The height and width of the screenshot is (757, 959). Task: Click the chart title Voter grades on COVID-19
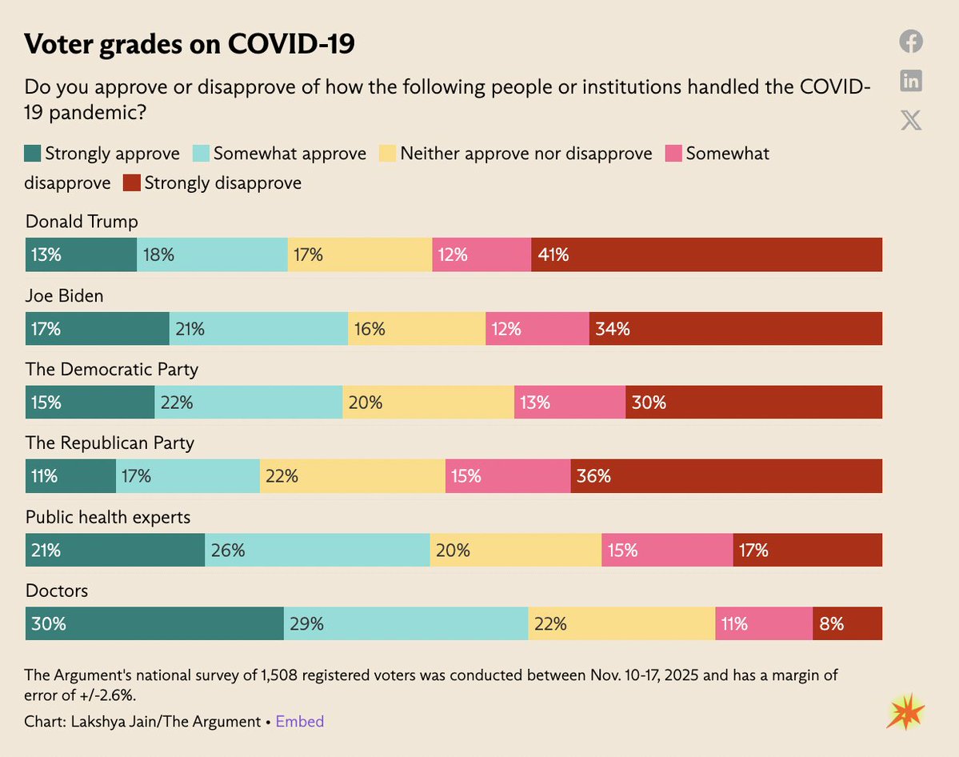(x=189, y=45)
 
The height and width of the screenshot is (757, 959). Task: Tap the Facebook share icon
(x=910, y=42)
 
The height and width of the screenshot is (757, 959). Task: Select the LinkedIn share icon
(x=910, y=81)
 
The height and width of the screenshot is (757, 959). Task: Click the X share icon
(x=910, y=120)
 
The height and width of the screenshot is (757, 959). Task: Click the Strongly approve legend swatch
(x=33, y=154)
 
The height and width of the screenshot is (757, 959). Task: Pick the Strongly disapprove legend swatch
(x=131, y=183)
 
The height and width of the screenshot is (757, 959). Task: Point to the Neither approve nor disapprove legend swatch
(x=387, y=154)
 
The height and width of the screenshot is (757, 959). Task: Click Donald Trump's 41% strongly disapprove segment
(x=706, y=254)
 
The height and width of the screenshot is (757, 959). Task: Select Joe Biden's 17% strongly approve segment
(x=97, y=328)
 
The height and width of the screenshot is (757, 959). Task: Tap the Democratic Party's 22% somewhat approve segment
(x=248, y=402)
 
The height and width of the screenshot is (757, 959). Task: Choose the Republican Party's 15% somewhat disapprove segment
(x=507, y=475)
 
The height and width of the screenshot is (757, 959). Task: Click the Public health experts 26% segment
(x=317, y=550)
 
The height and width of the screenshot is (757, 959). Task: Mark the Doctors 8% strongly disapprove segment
(x=847, y=623)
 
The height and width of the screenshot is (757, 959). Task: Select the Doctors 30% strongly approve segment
(x=154, y=623)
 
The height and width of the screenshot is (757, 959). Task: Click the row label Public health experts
(x=108, y=518)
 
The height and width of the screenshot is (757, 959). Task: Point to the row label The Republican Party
(x=110, y=443)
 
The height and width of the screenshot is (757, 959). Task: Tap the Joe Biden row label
(x=65, y=296)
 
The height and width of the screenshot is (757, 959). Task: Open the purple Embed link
(x=300, y=722)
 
